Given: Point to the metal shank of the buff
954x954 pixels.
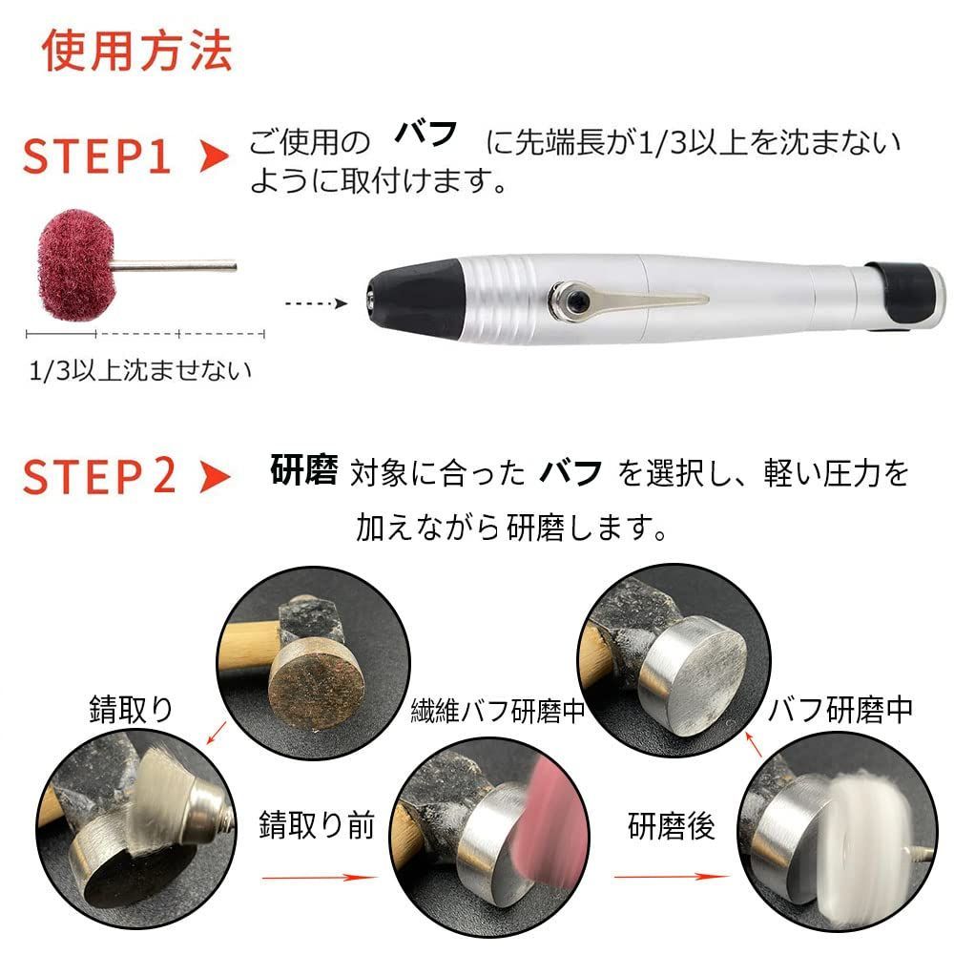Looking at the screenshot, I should [181, 266].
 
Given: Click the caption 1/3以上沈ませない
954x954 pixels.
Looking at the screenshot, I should [140, 369].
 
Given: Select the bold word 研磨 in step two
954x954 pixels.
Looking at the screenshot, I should [303, 471].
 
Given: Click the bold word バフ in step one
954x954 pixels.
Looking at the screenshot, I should [426, 134].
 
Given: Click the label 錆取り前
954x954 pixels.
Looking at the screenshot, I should [317, 825].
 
